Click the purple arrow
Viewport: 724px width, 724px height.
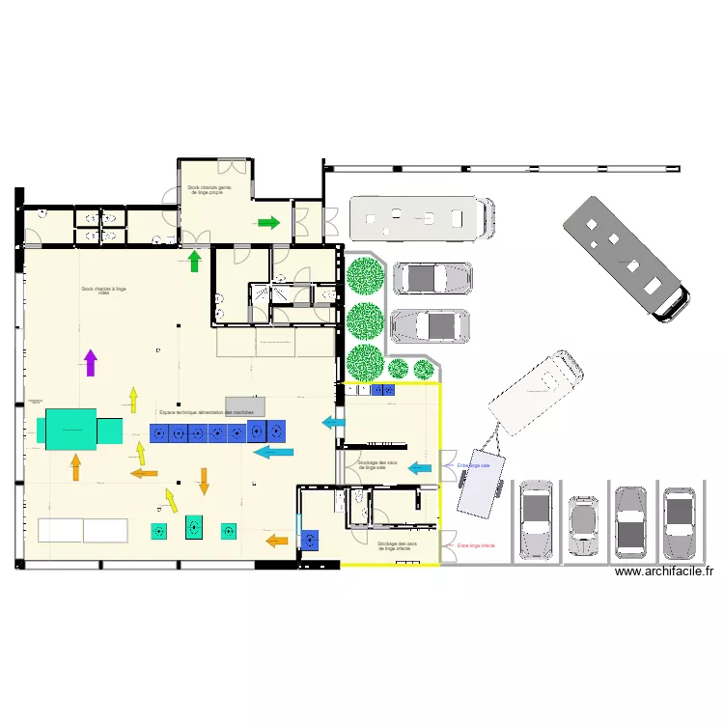coord(91,362)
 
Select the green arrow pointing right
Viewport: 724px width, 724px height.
coord(269,223)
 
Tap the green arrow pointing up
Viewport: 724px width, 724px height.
coord(194,261)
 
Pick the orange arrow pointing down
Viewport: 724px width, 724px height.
coord(204,480)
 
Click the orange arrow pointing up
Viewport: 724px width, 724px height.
coord(75,468)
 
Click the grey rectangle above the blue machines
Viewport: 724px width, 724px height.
coord(244,405)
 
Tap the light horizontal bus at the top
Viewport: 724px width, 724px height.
coord(422,218)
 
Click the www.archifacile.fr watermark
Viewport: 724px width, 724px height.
coord(663,571)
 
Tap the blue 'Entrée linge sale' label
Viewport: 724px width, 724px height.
coord(474,465)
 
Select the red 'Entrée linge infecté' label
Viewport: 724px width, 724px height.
coord(476,546)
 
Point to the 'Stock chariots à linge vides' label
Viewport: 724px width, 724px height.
coord(104,290)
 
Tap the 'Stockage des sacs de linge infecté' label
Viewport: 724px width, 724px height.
coord(397,545)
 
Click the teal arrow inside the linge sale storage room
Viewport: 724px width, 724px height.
coord(419,468)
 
